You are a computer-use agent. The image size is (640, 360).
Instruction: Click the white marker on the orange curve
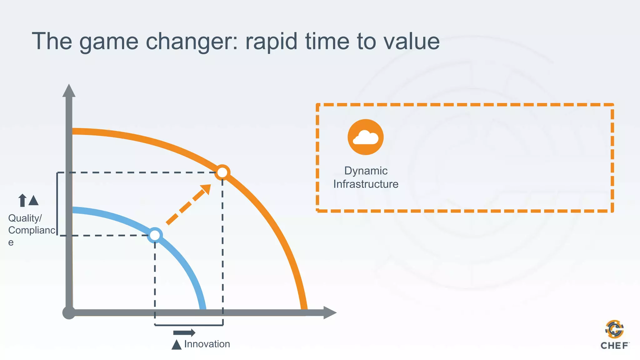[222, 172]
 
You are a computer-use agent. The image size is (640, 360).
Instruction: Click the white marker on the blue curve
[155, 235]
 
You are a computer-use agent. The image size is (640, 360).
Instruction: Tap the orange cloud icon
[365, 137]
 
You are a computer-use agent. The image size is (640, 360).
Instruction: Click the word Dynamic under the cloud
[366, 171]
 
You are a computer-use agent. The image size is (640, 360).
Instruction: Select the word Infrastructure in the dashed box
[366, 184]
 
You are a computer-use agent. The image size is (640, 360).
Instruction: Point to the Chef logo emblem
[614, 329]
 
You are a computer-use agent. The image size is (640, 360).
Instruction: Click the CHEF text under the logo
[614, 346]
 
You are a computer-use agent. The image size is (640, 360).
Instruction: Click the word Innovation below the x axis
[207, 344]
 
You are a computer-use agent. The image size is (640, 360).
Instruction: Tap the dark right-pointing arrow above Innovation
[184, 332]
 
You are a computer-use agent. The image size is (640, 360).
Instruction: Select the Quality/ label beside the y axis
[25, 218]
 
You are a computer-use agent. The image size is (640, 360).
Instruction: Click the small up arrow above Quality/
[22, 200]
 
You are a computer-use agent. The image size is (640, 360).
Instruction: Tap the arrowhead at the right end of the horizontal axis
[329, 312]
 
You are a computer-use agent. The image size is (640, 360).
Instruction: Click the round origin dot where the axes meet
[69, 312]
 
